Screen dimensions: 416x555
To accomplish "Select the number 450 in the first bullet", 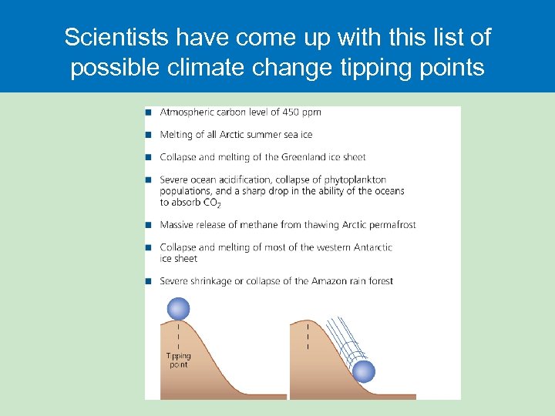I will [x=291, y=112].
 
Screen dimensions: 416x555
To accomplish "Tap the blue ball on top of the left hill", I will [x=178, y=309].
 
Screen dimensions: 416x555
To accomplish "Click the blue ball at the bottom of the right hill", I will [x=364, y=372].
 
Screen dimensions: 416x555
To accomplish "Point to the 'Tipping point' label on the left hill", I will [x=179, y=361].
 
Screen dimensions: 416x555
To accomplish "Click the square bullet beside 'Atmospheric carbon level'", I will [x=148, y=112].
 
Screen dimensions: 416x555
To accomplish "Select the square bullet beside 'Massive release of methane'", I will [x=148, y=225].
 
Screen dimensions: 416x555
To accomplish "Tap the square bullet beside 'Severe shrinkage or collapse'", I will [x=148, y=281].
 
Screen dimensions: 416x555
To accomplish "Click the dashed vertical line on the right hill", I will [x=308, y=336].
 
